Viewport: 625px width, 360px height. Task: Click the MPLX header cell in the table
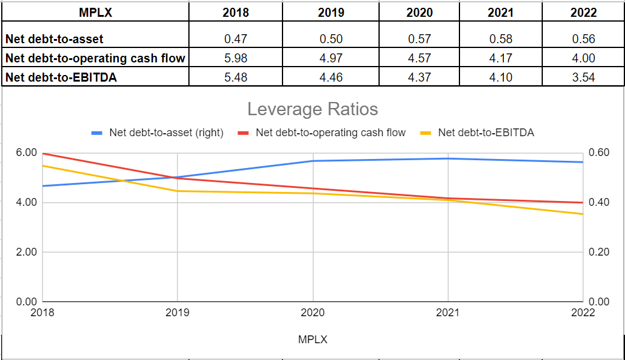pos(95,13)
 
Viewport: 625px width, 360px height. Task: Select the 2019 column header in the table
pos(331,13)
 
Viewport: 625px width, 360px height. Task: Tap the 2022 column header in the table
pos(584,13)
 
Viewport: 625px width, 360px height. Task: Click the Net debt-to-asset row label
pos(55,39)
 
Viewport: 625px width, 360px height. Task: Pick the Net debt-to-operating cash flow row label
pos(95,58)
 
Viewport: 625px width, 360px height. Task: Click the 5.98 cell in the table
pos(235,58)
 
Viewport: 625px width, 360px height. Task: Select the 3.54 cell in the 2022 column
pos(584,77)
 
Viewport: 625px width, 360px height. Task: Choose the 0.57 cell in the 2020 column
pos(419,39)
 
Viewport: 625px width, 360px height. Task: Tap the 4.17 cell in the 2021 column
pos(500,58)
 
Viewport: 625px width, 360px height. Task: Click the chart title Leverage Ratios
pos(312,109)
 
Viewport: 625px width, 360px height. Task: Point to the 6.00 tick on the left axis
pos(27,152)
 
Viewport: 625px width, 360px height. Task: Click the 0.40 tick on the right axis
pos(599,202)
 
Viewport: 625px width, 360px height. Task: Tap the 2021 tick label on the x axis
pos(447,313)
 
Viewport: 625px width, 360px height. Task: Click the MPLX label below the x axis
pos(312,340)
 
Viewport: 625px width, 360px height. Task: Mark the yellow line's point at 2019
pos(178,191)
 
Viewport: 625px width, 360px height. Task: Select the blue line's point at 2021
pos(447,158)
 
